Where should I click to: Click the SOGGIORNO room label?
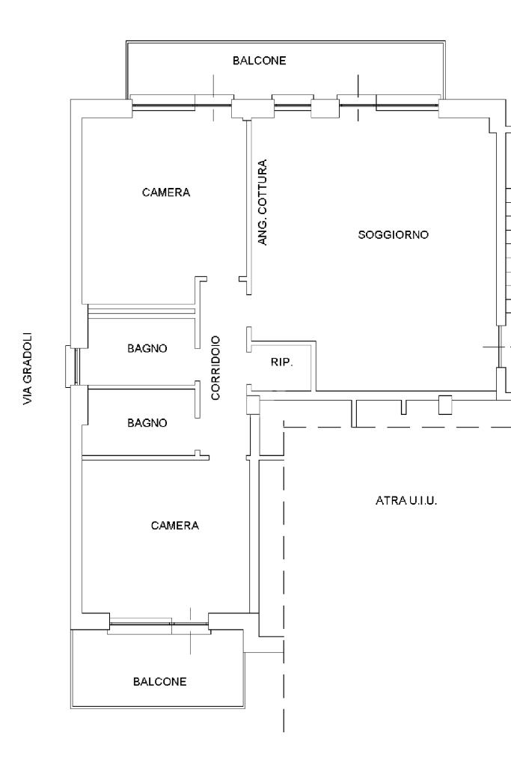coord(393,234)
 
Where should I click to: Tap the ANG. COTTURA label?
coord(263,202)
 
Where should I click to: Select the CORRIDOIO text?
coord(215,368)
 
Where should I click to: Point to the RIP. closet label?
coord(281,362)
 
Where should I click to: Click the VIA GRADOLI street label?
coord(28,369)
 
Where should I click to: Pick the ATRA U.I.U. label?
coord(406,500)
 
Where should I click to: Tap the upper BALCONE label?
coord(259,61)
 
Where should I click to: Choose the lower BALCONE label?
coord(159,681)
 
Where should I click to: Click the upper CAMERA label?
coord(166,192)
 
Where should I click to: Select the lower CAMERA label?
coord(175,525)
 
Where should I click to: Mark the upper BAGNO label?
coord(147,348)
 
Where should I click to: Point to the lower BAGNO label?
coord(147,422)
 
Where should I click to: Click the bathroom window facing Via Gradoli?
coord(72,366)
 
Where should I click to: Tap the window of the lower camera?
coord(159,624)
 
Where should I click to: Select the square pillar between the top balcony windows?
coord(325,109)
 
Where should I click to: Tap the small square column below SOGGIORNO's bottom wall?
coord(444,405)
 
